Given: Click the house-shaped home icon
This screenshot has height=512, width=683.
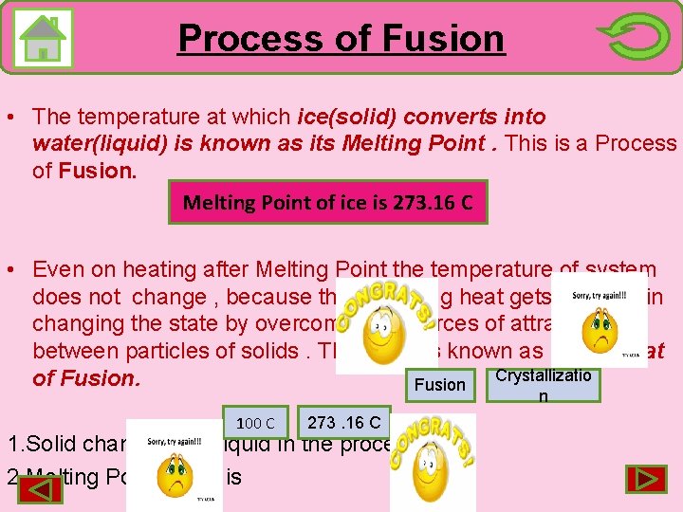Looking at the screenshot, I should (x=44, y=38).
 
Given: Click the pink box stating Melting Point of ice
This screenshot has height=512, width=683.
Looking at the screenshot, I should (x=328, y=202).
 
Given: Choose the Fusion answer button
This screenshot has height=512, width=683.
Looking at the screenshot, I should (x=440, y=384).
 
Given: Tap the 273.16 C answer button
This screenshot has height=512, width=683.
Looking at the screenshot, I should (x=344, y=422).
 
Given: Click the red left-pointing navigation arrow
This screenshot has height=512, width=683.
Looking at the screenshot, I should (x=41, y=489).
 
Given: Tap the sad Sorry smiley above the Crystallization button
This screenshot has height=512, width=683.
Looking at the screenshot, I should (x=600, y=320).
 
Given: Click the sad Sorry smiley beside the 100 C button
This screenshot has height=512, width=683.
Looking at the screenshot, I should (x=175, y=465).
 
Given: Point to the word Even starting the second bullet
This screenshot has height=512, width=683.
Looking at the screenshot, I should (x=57, y=270).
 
